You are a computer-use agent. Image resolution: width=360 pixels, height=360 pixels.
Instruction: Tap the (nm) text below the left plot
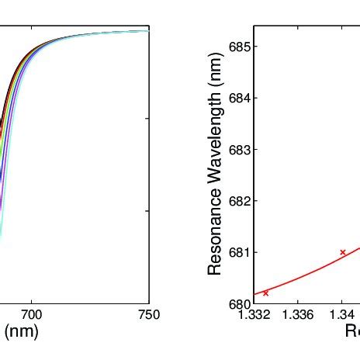click(22, 332)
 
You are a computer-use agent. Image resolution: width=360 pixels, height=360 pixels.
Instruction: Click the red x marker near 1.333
click(266, 292)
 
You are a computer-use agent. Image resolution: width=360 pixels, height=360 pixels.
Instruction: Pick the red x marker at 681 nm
click(342, 252)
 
